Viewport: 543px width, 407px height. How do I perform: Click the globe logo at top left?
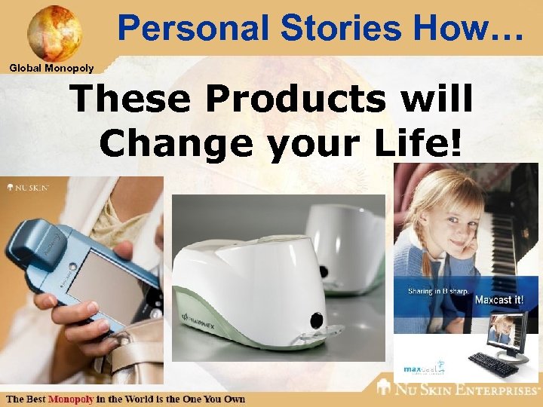coord(54,32)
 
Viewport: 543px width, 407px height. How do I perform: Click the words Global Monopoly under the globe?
coord(51,69)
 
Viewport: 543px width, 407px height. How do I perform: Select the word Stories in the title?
coord(327,28)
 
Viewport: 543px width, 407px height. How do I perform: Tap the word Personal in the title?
coord(192,28)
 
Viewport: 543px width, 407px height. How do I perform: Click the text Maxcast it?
coord(499,300)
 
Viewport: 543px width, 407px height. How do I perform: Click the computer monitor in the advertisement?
coord(509,336)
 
